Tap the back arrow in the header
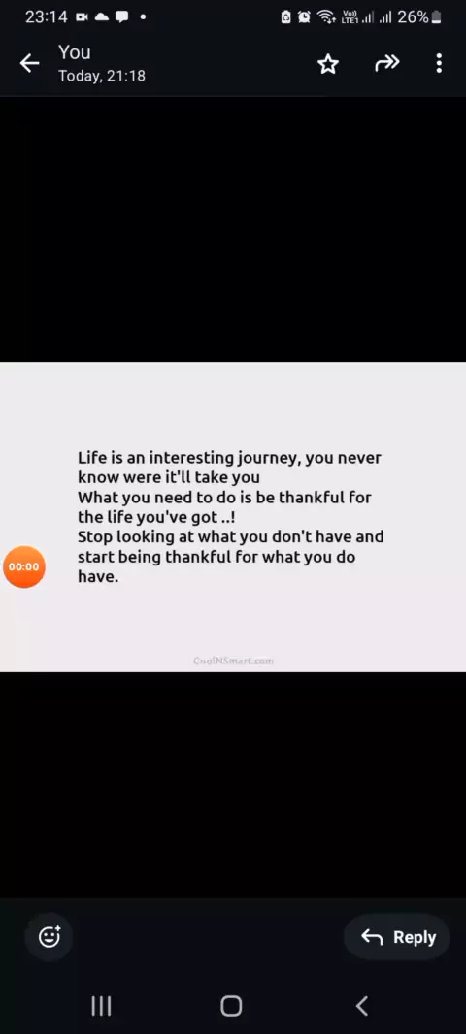click(30, 63)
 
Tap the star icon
click(328, 64)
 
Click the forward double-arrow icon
click(386, 63)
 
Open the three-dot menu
click(439, 63)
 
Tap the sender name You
click(75, 52)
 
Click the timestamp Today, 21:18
click(102, 76)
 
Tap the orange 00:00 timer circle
click(24, 566)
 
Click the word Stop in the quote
click(95, 537)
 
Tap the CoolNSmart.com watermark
click(234, 661)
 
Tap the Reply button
click(397, 937)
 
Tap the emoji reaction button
click(50, 936)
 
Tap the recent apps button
click(101, 1006)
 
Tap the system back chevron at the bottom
click(362, 1006)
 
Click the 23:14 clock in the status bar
click(47, 17)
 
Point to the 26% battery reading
click(414, 17)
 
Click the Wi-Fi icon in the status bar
click(326, 17)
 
